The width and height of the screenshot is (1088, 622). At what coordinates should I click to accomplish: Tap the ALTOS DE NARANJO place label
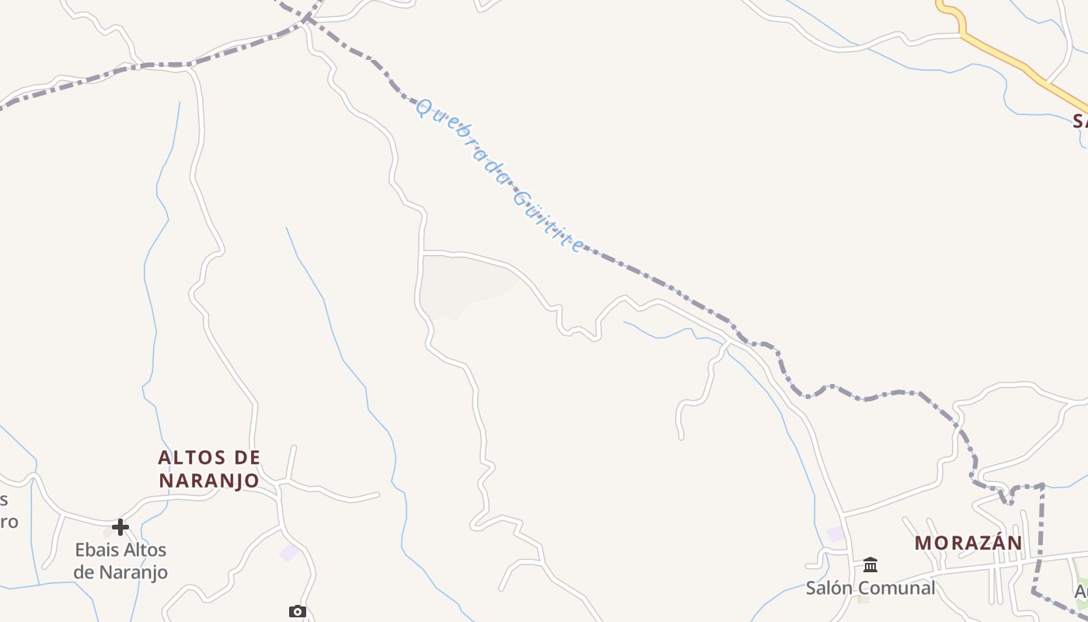[x=209, y=469]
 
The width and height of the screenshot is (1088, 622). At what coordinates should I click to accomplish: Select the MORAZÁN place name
[x=968, y=543]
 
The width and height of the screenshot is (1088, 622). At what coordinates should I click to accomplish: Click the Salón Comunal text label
[x=870, y=588]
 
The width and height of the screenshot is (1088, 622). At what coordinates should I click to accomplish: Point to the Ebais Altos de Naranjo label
[x=120, y=561]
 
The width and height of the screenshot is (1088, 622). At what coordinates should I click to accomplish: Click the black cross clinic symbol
[x=120, y=527]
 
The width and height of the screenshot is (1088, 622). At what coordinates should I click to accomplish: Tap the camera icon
[x=297, y=612]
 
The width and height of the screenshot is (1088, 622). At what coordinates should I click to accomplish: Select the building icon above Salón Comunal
[x=870, y=564]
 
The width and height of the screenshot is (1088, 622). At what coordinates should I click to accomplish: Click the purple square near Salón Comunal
[x=835, y=534]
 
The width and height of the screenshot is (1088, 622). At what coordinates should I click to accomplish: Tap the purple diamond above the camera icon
[x=289, y=553]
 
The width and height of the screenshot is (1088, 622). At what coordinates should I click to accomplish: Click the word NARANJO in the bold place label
[x=209, y=480]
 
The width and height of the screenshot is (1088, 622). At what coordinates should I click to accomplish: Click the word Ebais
[x=97, y=550]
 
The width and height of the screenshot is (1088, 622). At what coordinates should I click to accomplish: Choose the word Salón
[x=828, y=588]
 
